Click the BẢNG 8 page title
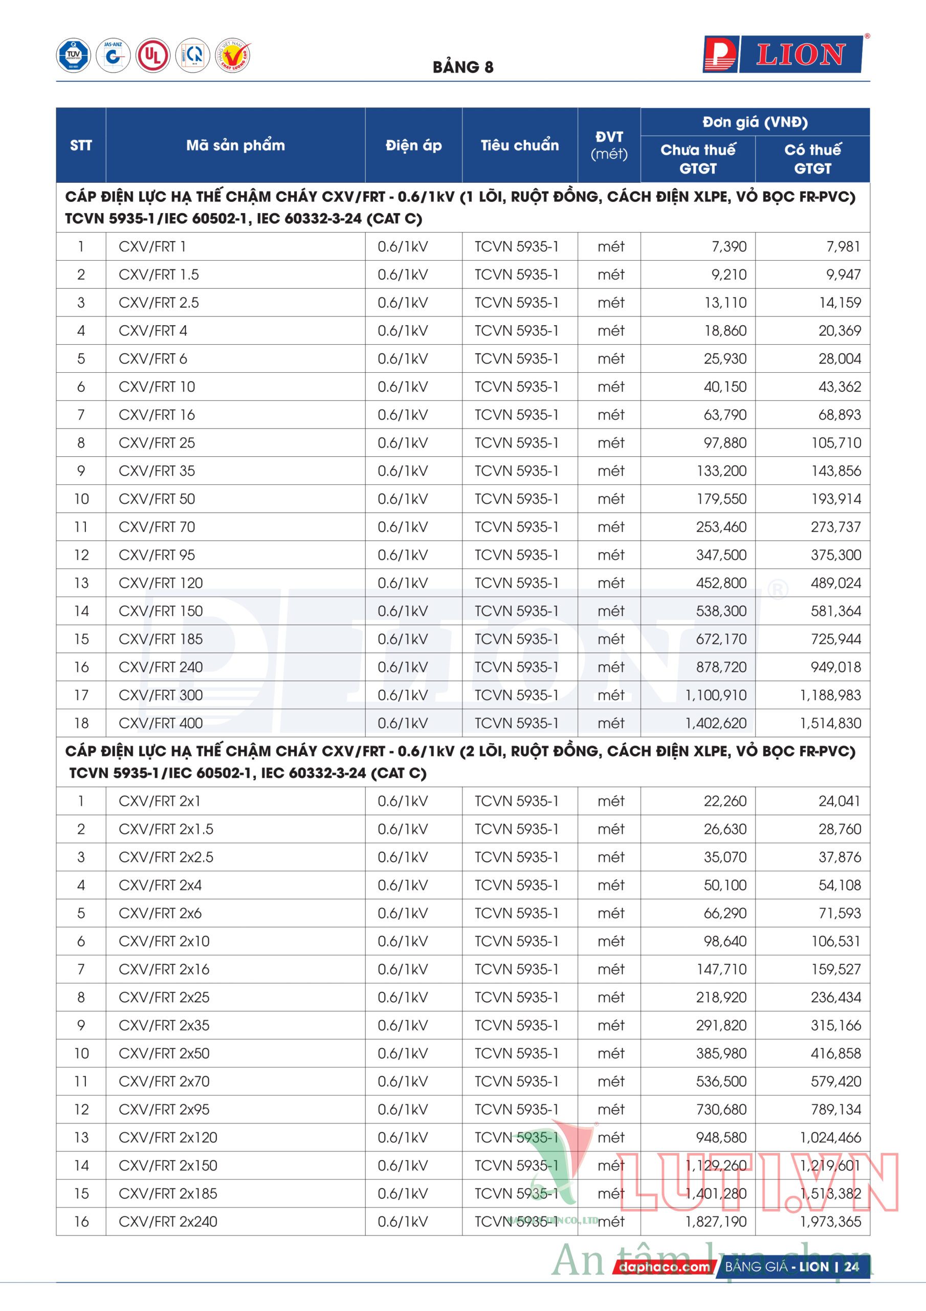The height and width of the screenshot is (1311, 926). coord(462,68)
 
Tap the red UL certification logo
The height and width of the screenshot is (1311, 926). coord(153,55)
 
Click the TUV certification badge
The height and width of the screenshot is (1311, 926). coord(73,55)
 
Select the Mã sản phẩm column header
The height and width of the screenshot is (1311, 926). coord(235,145)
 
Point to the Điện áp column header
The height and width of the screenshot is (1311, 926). coord(414,145)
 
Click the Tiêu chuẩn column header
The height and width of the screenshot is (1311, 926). coord(519,145)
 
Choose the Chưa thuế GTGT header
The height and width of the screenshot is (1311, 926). coord(698,159)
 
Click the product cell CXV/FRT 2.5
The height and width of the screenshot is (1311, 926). coord(159,303)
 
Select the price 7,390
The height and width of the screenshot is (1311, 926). coord(729,247)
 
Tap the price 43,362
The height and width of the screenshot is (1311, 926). coord(839,387)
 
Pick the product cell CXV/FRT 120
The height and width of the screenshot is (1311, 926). coord(160,583)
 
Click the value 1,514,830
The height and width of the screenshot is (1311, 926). coord(830,723)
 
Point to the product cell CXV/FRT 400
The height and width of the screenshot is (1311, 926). coord(160,723)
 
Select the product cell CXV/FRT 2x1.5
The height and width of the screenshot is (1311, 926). coord(165,829)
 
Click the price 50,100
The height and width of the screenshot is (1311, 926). coord(724,885)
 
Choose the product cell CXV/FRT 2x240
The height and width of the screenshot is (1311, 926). coord(168,1221)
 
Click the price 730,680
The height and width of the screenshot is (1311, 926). coord(721,1109)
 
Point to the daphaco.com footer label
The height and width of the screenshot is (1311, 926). coord(664,1267)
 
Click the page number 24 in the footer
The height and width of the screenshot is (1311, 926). coord(851,1266)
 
